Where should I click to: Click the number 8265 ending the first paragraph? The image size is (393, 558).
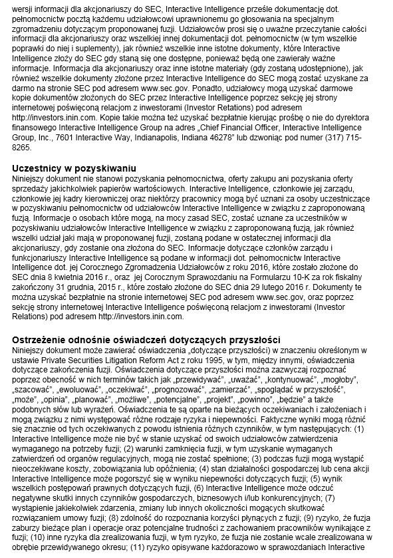click(23, 146)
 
